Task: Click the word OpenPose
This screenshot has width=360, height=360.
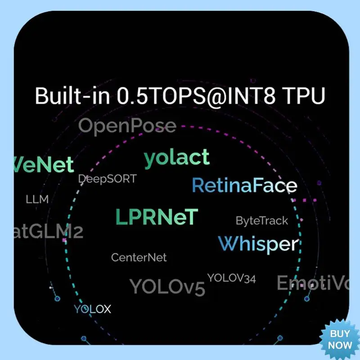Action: [x=127, y=126]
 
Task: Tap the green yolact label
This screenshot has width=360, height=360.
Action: [x=176, y=158]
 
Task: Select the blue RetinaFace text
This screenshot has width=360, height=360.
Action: [x=244, y=185]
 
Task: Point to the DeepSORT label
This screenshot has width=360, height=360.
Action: [x=107, y=179]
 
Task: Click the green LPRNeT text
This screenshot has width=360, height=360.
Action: [x=157, y=217]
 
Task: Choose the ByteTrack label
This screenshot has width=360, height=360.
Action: [x=262, y=220]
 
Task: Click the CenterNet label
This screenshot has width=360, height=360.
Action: [x=139, y=257]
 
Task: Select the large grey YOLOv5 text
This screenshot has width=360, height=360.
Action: [x=167, y=286]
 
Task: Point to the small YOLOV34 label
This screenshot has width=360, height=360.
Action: [x=231, y=278]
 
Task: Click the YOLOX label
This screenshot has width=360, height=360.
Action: [x=92, y=309]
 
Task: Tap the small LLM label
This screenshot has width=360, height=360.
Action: [x=37, y=199]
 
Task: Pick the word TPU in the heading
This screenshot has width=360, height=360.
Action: [x=308, y=96]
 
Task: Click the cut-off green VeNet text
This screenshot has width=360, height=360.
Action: [x=44, y=165]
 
